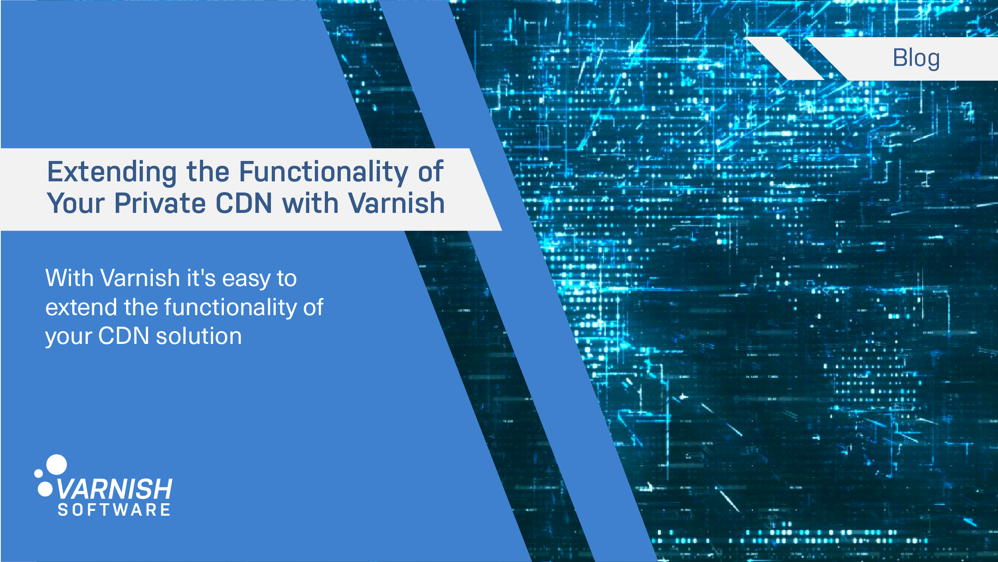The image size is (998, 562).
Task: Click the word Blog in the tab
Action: click(916, 58)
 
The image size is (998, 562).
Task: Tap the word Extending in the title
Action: click(112, 172)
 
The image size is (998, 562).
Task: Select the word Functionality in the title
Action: click(324, 172)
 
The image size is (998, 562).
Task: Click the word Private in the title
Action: click(160, 203)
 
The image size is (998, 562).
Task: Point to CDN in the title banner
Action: click(244, 203)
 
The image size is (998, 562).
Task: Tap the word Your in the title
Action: click(76, 203)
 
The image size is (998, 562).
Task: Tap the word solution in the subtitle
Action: click(199, 336)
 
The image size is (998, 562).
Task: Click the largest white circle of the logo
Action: click(57, 465)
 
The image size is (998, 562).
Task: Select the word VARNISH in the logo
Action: click(115, 489)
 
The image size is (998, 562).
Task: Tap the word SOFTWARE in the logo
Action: click(115, 510)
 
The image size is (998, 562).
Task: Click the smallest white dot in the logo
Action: click(39, 473)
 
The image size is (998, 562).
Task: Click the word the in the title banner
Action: click(208, 172)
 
